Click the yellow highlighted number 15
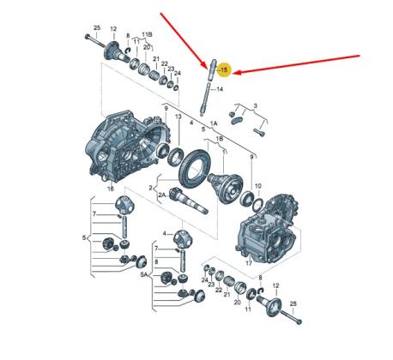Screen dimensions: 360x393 (x=224, y=69)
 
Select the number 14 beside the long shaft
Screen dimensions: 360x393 (x=219, y=88)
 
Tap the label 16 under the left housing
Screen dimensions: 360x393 (x=110, y=185)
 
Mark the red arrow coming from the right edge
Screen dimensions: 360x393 (x=300, y=65)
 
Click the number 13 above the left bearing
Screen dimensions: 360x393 (x=178, y=116)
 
